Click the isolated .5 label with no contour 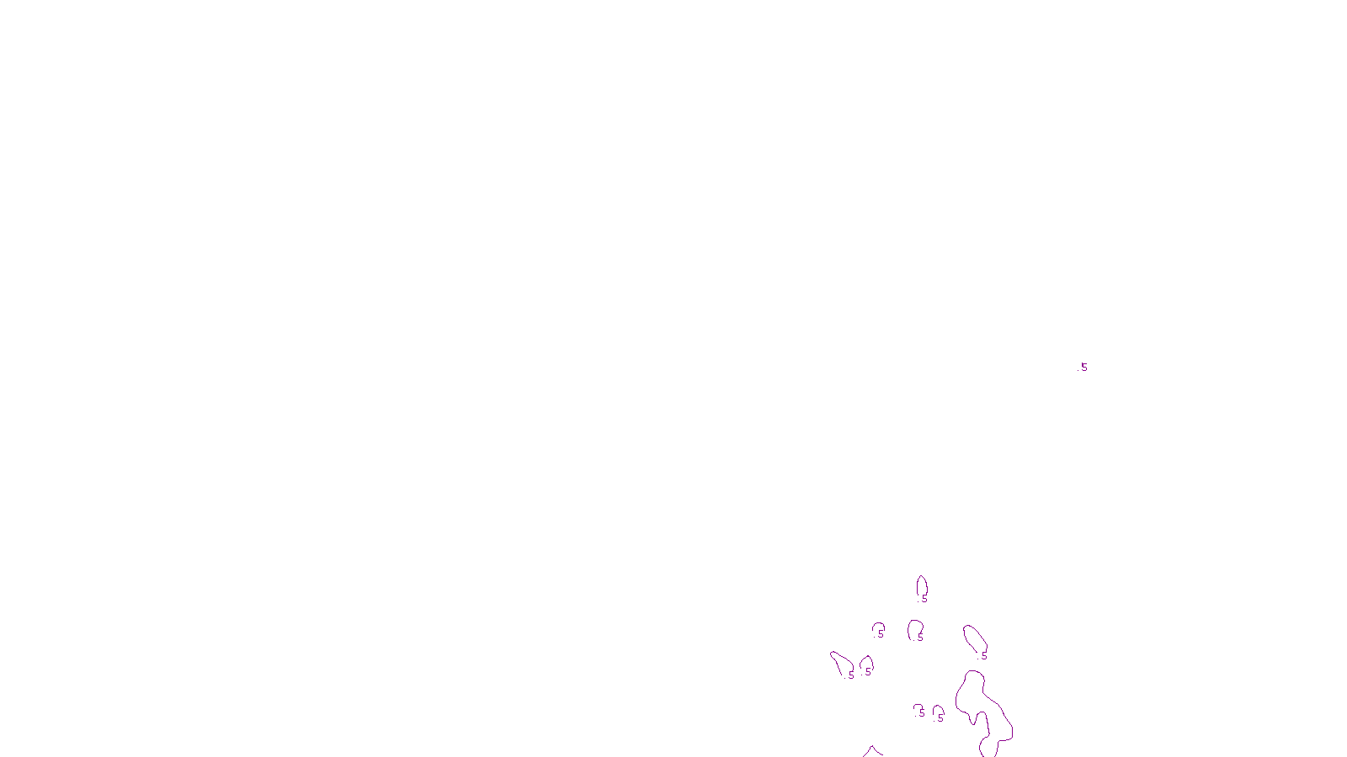pyautogui.click(x=1083, y=368)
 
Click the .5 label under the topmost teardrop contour pyautogui.click(x=924, y=600)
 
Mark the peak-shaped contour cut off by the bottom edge pyautogui.click(x=872, y=751)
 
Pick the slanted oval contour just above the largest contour pyautogui.click(x=974, y=638)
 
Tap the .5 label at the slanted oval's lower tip pyautogui.click(x=983, y=656)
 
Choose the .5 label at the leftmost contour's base pyautogui.click(x=851, y=675)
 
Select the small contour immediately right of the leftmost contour pyautogui.click(x=866, y=665)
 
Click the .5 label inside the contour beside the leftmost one pyautogui.click(x=868, y=672)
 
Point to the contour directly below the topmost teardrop pyautogui.click(x=915, y=629)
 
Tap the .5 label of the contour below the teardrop pyautogui.click(x=920, y=638)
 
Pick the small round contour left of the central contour pyautogui.click(x=879, y=628)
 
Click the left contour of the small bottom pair pyautogui.click(x=918, y=710)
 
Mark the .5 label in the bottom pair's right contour pyautogui.click(x=940, y=718)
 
